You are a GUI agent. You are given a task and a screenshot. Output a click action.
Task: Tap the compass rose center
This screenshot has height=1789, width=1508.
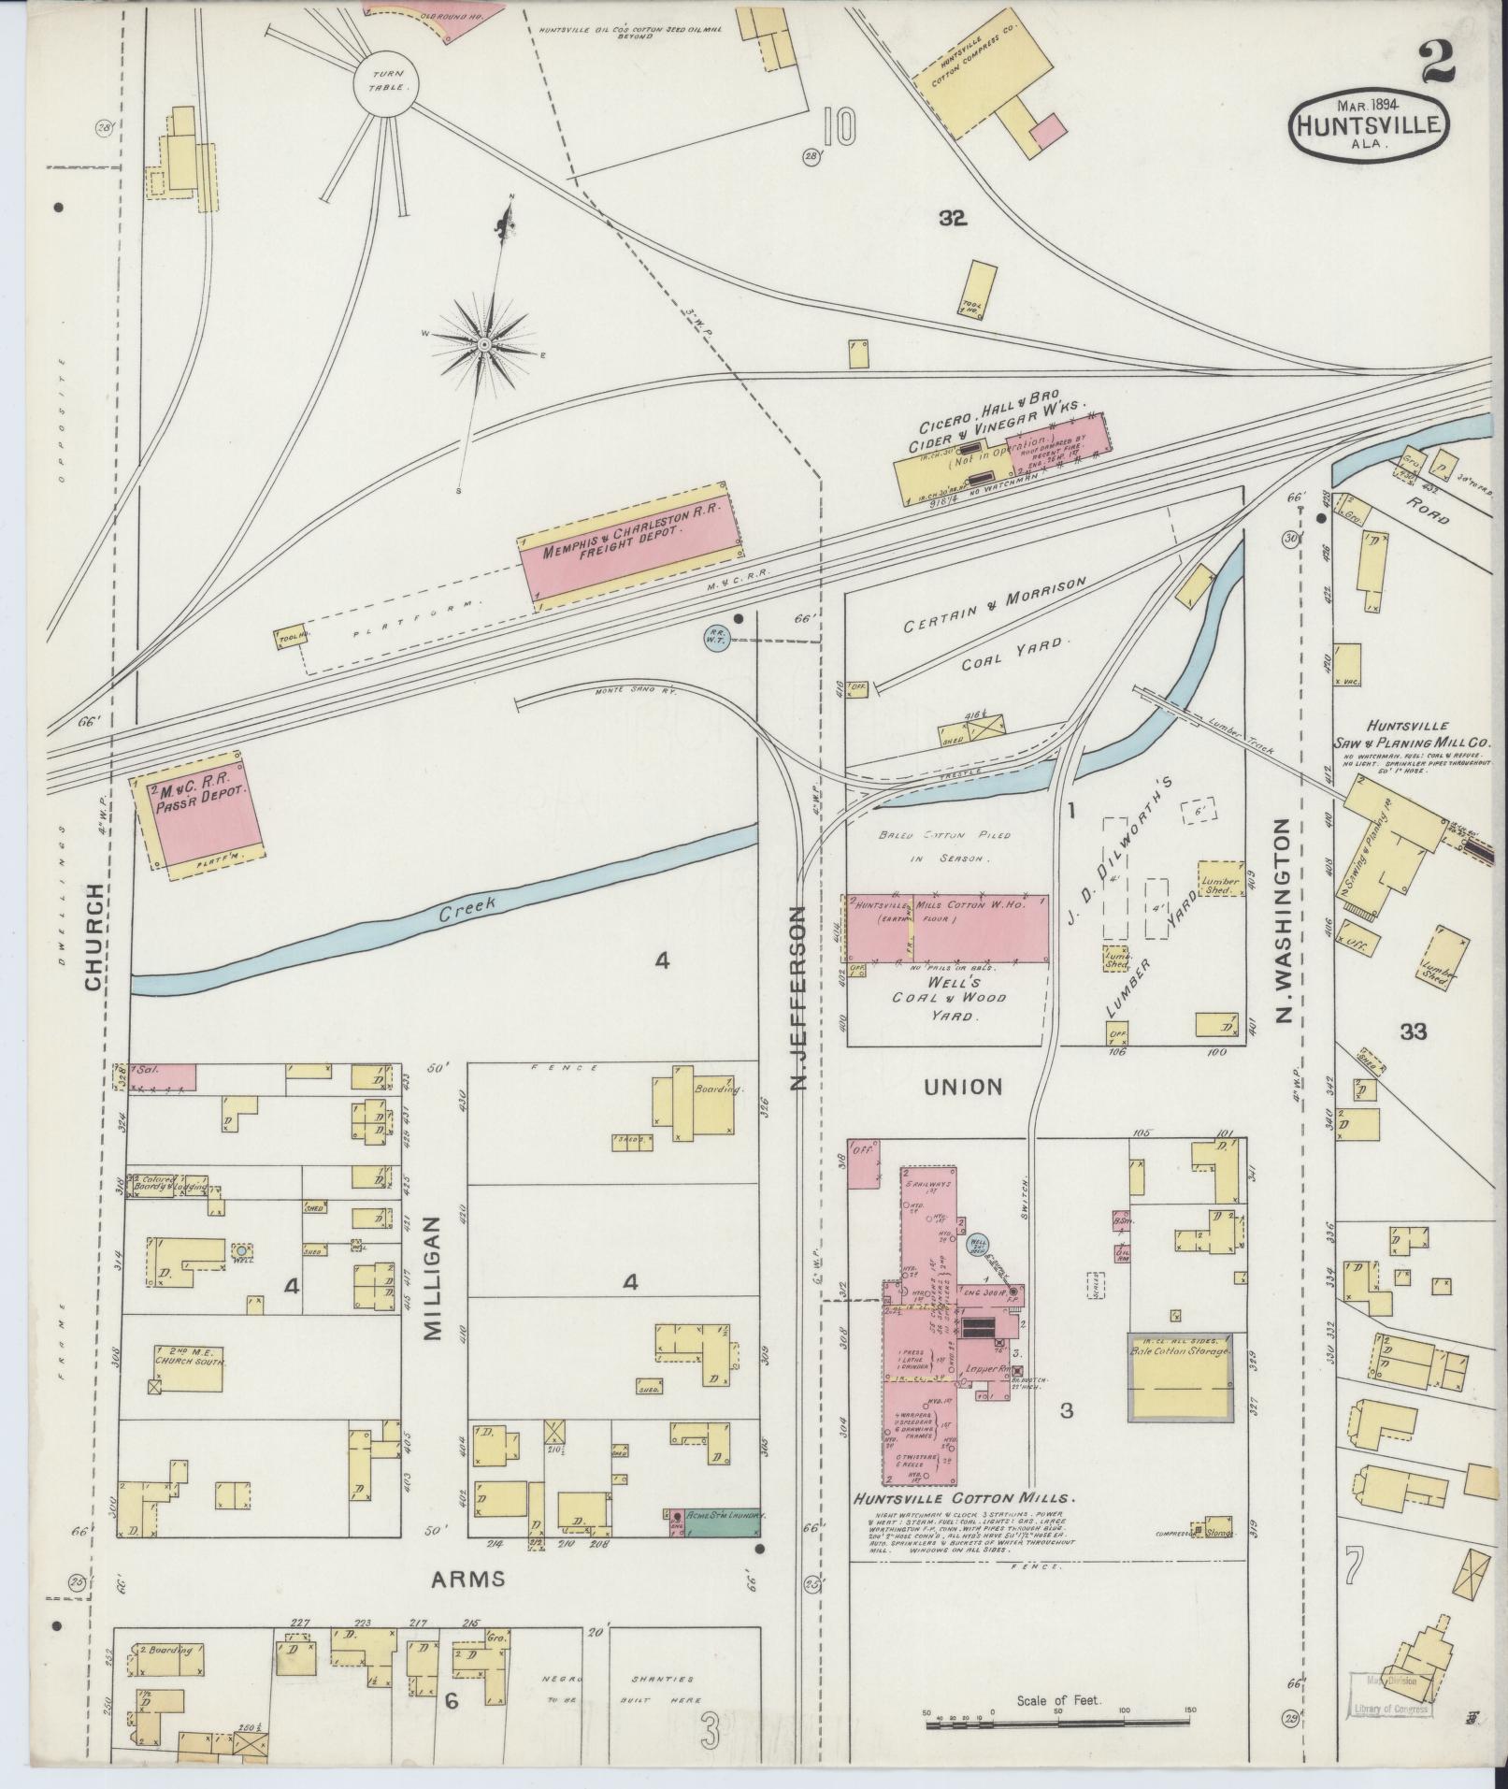(485, 346)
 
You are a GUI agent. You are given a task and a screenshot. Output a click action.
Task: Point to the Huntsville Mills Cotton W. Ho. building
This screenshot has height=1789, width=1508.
(946, 929)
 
